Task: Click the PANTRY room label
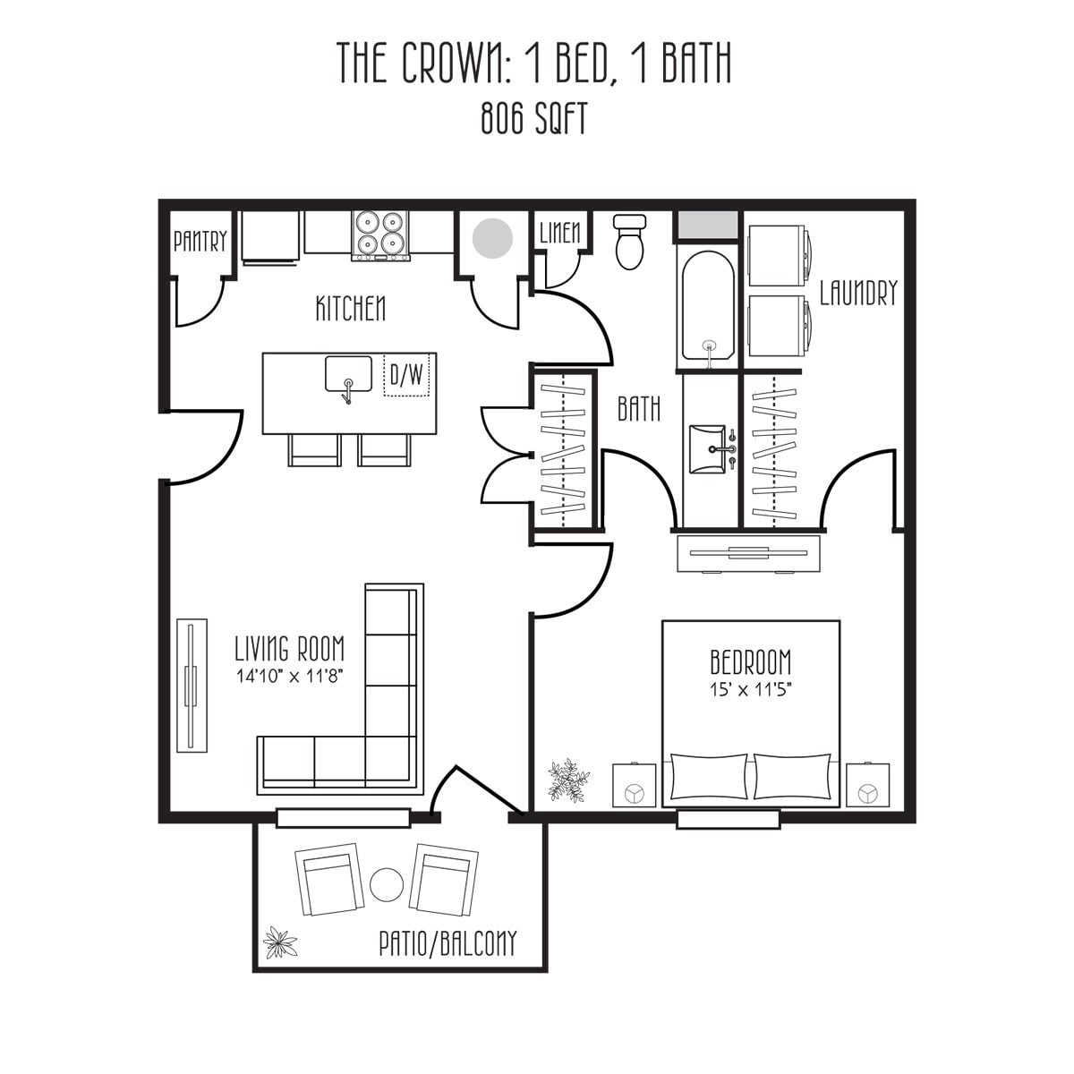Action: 200,241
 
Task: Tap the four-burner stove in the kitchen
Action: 380,234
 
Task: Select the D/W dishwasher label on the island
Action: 408,375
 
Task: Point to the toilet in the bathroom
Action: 630,242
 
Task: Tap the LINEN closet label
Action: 560,234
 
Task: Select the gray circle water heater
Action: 492,238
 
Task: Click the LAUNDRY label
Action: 857,293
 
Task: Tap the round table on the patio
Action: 388,885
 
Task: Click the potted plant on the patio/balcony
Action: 279,942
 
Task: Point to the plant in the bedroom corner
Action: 568,780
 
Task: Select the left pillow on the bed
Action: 708,776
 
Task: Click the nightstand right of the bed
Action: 867,785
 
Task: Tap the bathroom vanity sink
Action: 712,447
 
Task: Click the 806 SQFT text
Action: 534,119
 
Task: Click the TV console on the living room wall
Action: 192,685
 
